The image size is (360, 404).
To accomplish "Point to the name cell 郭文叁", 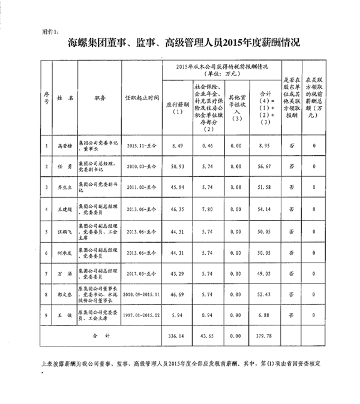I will tap(64, 295).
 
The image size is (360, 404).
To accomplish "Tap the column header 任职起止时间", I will tap(142, 97).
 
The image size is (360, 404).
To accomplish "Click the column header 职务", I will tap(100, 97).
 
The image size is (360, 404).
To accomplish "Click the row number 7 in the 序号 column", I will tap(47, 274).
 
